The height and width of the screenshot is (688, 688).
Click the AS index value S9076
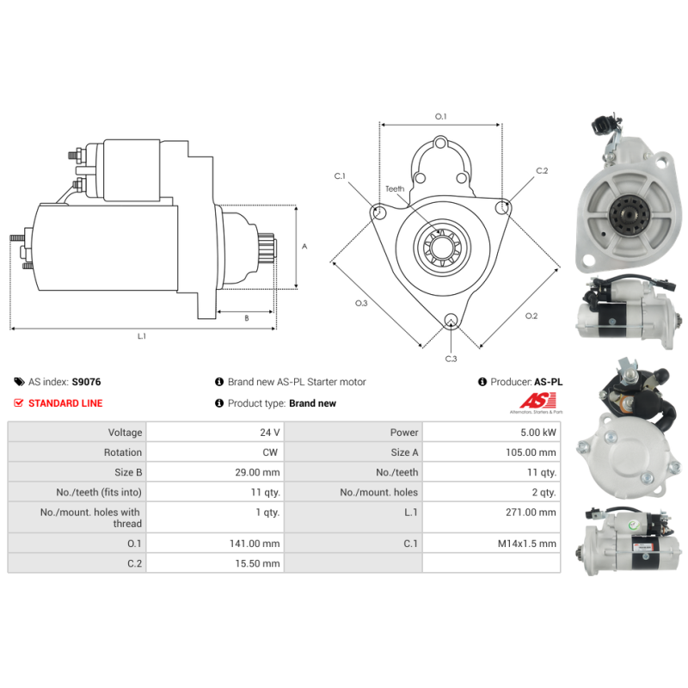tap(87, 382)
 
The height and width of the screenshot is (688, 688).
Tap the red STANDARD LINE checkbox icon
tap(18, 402)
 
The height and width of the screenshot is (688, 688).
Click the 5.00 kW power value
tap(538, 433)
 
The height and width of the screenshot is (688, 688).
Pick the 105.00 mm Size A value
tap(531, 452)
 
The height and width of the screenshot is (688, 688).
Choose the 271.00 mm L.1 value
tap(531, 512)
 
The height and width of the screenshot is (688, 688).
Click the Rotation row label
tap(123, 452)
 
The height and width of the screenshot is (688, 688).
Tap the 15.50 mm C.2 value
tap(257, 563)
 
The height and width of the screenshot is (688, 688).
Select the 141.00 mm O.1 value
tap(255, 544)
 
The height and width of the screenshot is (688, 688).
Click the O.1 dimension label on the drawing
tap(440, 116)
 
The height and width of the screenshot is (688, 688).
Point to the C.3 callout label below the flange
tap(451, 359)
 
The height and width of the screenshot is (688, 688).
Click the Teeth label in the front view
tap(395, 188)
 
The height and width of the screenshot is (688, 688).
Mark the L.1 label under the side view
tap(141, 336)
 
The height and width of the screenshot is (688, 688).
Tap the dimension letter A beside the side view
tap(304, 247)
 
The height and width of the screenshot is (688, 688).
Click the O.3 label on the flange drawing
tap(361, 304)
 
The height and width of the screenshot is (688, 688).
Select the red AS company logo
tap(537, 401)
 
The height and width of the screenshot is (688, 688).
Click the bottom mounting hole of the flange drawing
tap(451, 320)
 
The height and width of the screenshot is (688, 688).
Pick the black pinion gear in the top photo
tap(628, 214)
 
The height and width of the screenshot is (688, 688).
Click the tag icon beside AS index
tap(19, 382)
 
